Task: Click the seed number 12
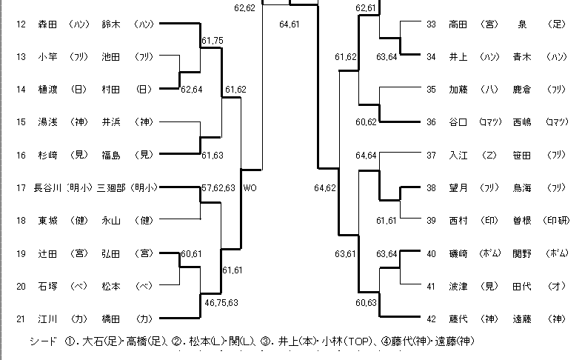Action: tap(21, 24)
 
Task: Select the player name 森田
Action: tap(47, 24)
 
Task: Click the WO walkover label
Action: tap(250, 188)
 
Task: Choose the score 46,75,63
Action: tap(222, 301)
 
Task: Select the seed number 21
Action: tap(21, 319)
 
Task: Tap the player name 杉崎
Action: tap(47, 154)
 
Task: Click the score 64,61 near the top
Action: tap(290, 24)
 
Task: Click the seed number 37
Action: tap(432, 156)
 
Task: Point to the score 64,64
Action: tap(367, 156)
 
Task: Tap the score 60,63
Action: tap(367, 302)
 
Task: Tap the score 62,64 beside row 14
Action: tap(192, 90)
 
